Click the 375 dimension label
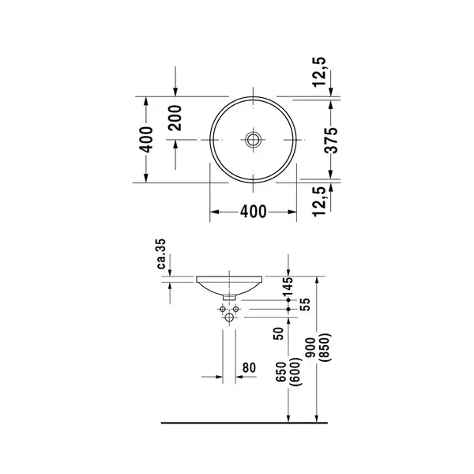click(331, 140)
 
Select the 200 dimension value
click(175, 118)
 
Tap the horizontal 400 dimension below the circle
click(254, 212)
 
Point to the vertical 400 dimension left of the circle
click(146, 140)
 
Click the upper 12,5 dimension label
click(320, 72)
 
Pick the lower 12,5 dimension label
click(320, 201)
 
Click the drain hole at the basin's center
click(253, 140)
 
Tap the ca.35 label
click(161, 254)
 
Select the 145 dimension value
click(288, 286)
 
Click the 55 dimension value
click(306, 305)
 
